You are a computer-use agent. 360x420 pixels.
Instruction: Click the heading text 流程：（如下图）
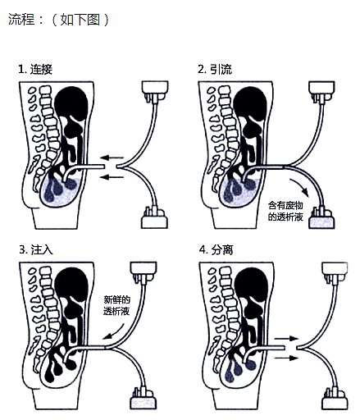[58, 20]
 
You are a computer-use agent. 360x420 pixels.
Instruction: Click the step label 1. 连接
[35, 69]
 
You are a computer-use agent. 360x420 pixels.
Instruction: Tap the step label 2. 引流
[215, 69]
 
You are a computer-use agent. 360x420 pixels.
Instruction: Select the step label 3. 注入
[36, 249]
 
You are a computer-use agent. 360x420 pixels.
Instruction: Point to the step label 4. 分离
[216, 249]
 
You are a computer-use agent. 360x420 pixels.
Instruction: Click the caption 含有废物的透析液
[285, 211]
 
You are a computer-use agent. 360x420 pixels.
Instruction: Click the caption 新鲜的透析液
[116, 305]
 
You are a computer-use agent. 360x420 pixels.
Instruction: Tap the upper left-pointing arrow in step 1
[112, 157]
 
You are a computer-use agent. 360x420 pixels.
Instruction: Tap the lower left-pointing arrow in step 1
[112, 177]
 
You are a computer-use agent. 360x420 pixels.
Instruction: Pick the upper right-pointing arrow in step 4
[286, 339]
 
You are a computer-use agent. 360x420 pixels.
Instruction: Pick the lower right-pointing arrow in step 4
[286, 358]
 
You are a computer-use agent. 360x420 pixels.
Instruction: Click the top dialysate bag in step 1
[155, 91]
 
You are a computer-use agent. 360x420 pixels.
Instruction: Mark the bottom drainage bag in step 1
[154, 218]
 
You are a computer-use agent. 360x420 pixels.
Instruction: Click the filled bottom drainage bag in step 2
[321, 218]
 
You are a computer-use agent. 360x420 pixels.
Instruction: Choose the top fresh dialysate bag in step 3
[144, 272]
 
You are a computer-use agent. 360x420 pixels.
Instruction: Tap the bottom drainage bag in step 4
[335, 399]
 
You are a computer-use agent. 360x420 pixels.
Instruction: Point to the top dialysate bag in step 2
[321, 91]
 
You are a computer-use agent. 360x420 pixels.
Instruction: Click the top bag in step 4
[335, 272]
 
